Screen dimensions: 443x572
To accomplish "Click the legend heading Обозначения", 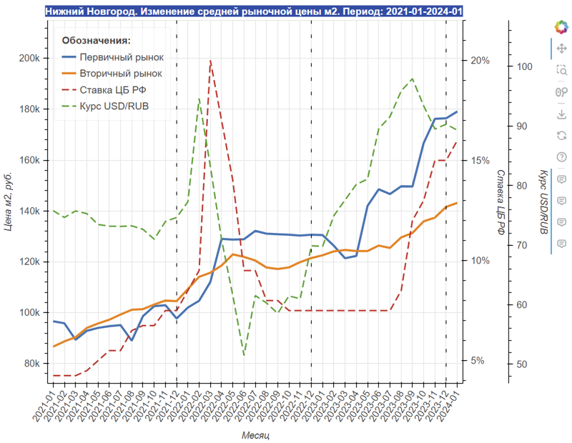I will click(97, 41).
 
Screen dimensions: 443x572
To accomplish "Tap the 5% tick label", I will click(477, 361).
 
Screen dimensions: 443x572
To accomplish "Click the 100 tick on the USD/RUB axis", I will click(524, 66).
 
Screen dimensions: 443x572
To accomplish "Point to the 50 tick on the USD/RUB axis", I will click(522, 364).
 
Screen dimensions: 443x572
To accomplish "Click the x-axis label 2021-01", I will click(49, 404).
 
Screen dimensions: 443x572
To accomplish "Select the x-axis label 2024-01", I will click(453, 404).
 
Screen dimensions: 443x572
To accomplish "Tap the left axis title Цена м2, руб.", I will click(9, 202).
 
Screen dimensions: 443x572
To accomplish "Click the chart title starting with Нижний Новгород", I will click(254, 12).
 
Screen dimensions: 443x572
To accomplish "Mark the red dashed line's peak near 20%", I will click(210, 61).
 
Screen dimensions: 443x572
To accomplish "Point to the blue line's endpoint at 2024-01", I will click(457, 111).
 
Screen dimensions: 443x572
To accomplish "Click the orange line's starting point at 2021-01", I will click(54, 347).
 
